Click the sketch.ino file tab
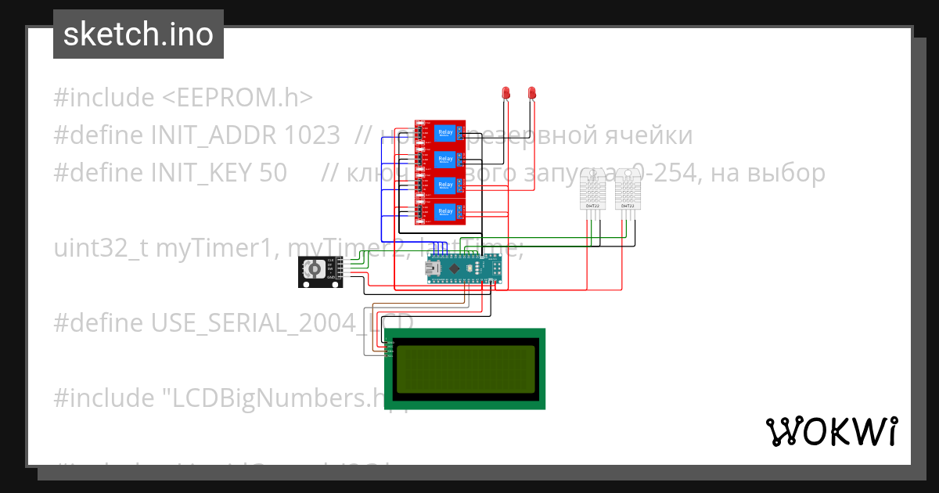tap(139, 34)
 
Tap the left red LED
tap(505, 93)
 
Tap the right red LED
tap(532, 93)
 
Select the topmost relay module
tap(441, 132)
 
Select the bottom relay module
tap(441, 211)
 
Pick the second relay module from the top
tap(441, 159)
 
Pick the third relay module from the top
tap(441, 185)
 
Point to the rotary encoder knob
tap(314, 270)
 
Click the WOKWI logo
tap(831, 431)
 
